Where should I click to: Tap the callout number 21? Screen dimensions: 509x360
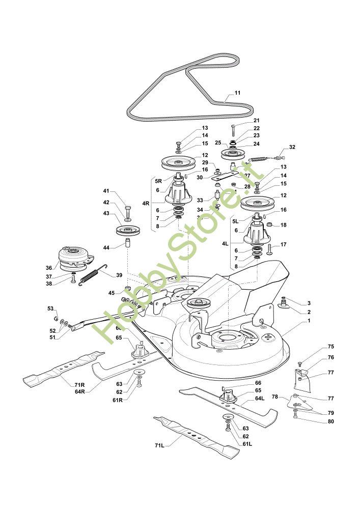[x=256, y=121]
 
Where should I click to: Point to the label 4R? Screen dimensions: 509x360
[x=146, y=204]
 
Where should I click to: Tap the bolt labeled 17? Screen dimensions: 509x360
[x=269, y=248]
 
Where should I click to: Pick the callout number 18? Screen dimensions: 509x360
[x=284, y=224]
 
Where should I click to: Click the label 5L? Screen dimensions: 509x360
[x=235, y=221]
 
